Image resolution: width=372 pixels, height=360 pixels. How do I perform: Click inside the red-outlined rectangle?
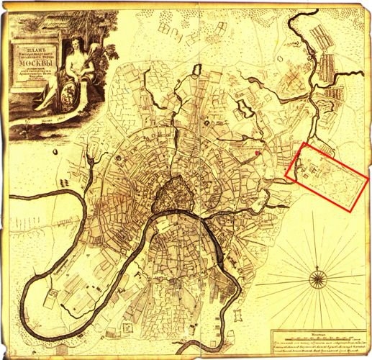point(327,177)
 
